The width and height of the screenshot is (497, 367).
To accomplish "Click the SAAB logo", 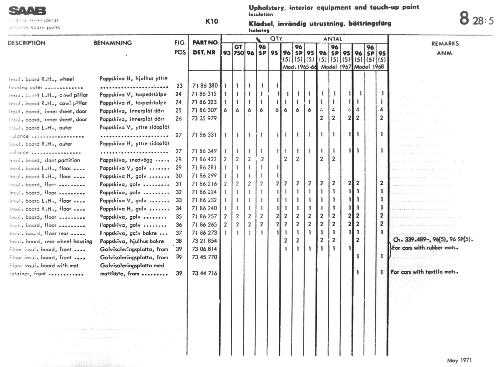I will pyautogui.click(x=27, y=11).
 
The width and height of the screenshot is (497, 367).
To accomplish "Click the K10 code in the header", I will pyautogui.click(x=211, y=21).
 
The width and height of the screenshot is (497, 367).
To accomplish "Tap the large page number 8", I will pyautogui.click(x=464, y=18).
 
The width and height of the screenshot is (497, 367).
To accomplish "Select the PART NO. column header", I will pyautogui.click(x=205, y=43).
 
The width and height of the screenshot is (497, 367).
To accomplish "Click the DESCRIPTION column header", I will pyautogui.click(x=26, y=43).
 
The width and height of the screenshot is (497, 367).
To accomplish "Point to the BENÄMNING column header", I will pyautogui.click(x=113, y=43).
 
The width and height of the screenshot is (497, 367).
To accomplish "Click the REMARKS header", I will pyautogui.click(x=445, y=43).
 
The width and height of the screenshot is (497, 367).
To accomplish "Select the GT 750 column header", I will pyautogui.click(x=239, y=50).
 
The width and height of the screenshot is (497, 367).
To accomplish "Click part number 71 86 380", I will pyautogui.click(x=205, y=86).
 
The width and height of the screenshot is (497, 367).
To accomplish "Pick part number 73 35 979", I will pyautogui.click(x=204, y=118).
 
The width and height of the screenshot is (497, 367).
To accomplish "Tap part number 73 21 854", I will pyautogui.click(x=204, y=241).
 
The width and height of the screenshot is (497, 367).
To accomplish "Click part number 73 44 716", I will pyautogui.click(x=204, y=273).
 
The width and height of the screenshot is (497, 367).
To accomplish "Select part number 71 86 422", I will pyautogui.click(x=204, y=159).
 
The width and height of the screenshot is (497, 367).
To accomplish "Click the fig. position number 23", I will pyautogui.click(x=179, y=86).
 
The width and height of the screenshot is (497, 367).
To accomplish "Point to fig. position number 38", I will pyautogui.click(x=179, y=241).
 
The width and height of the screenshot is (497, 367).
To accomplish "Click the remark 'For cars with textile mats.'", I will pyautogui.click(x=424, y=272).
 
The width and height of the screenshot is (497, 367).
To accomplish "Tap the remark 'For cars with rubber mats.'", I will pyautogui.click(x=425, y=248).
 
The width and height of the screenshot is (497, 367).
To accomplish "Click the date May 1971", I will pyautogui.click(x=459, y=360).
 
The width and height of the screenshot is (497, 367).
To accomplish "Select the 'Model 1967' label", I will pyautogui.click(x=336, y=67).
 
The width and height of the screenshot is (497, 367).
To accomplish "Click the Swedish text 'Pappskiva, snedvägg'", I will pyautogui.click(x=126, y=160).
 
